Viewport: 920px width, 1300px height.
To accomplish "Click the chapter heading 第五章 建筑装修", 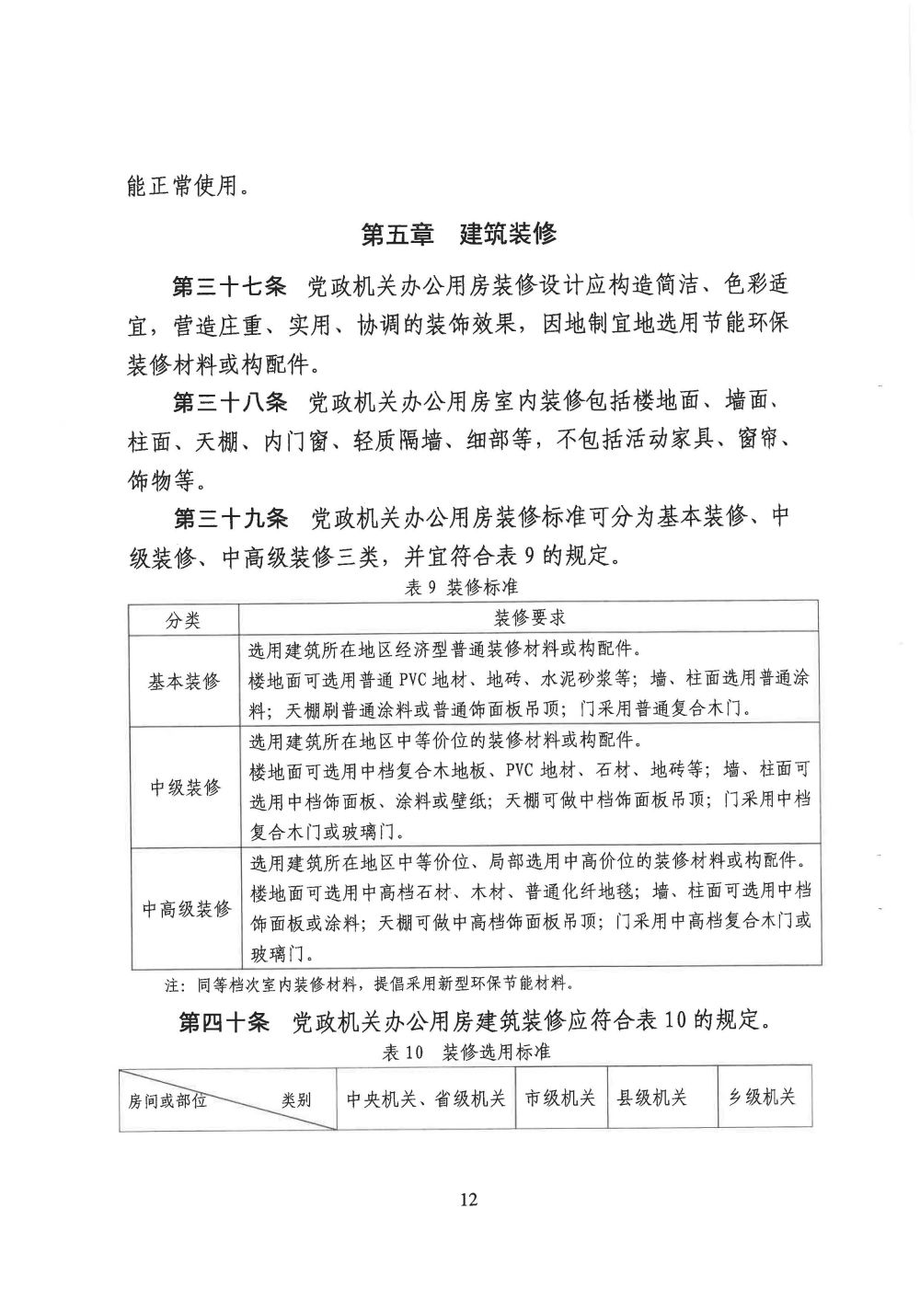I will pos(459,234).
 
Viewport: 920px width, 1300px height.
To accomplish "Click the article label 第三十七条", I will pos(231,285).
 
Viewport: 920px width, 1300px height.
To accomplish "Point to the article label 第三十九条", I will pos(231,518).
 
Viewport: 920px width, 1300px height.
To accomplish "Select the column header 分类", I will pos(183,618).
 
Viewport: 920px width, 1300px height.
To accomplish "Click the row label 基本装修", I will pos(184,682).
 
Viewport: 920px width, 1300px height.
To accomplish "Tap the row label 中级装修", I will pos(184,788).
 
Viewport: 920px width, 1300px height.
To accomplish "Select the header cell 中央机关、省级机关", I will pos(425,1098).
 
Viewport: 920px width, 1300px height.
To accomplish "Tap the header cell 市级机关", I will pos(560,1098).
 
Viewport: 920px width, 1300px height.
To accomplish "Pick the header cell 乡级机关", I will pos(763,1098).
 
